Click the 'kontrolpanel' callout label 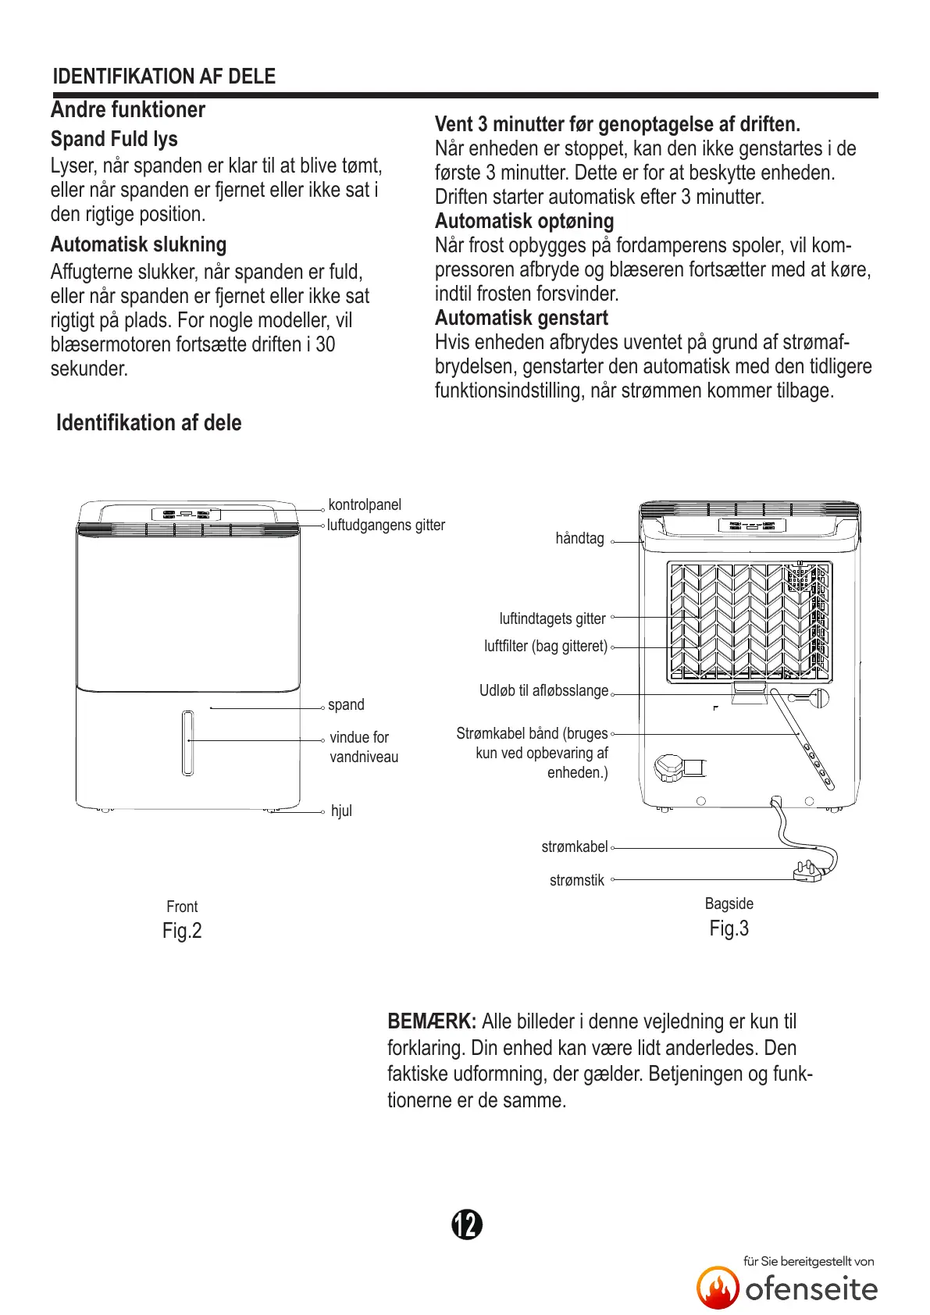point(365,504)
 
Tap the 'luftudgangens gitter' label point(386,526)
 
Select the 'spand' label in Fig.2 point(346,704)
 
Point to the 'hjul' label point(341,811)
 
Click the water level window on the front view point(187,743)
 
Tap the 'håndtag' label point(579,538)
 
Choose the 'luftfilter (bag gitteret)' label point(546,646)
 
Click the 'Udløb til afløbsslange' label point(543,690)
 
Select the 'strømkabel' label point(574,846)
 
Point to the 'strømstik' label point(576,880)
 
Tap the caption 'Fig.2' point(182,930)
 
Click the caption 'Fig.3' point(729,928)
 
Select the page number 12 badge point(467,1224)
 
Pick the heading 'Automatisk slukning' point(138,244)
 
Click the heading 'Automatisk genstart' point(521,318)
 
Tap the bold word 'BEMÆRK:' point(432,1021)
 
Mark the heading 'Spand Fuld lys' point(114,139)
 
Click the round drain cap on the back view point(669,768)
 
